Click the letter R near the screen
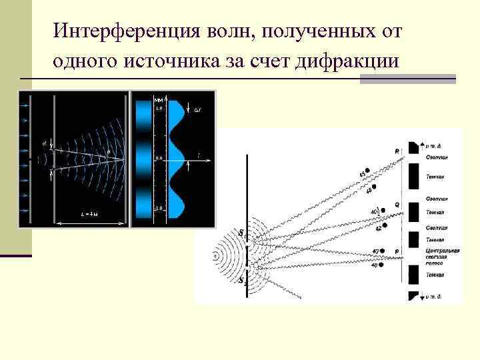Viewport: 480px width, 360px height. pyautogui.click(x=398, y=151)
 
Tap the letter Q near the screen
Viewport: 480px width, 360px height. pyautogui.click(x=397, y=205)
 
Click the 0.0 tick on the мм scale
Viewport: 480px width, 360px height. pyautogui.click(x=159, y=158)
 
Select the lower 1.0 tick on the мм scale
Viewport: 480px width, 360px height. pyautogui.click(x=159, y=209)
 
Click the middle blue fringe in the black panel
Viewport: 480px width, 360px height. pyautogui.click(x=143, y=159)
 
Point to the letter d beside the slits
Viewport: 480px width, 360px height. pyautogui.click(x=43, y=141)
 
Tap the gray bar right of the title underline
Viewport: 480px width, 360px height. pyautogui.click(x=407, y=79)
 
